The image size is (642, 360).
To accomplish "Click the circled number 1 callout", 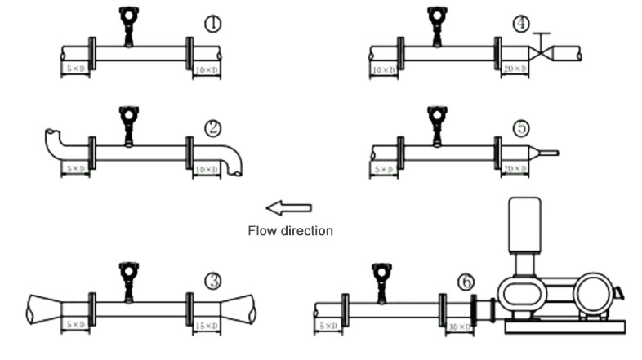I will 212,24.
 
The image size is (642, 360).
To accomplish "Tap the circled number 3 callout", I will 213,281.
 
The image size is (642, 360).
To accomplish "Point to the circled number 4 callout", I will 522,24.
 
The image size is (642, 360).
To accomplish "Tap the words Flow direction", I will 290,231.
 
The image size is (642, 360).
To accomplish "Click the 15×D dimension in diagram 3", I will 206,326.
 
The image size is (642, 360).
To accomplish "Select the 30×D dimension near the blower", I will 460,327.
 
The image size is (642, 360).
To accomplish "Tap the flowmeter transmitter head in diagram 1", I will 127,16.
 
